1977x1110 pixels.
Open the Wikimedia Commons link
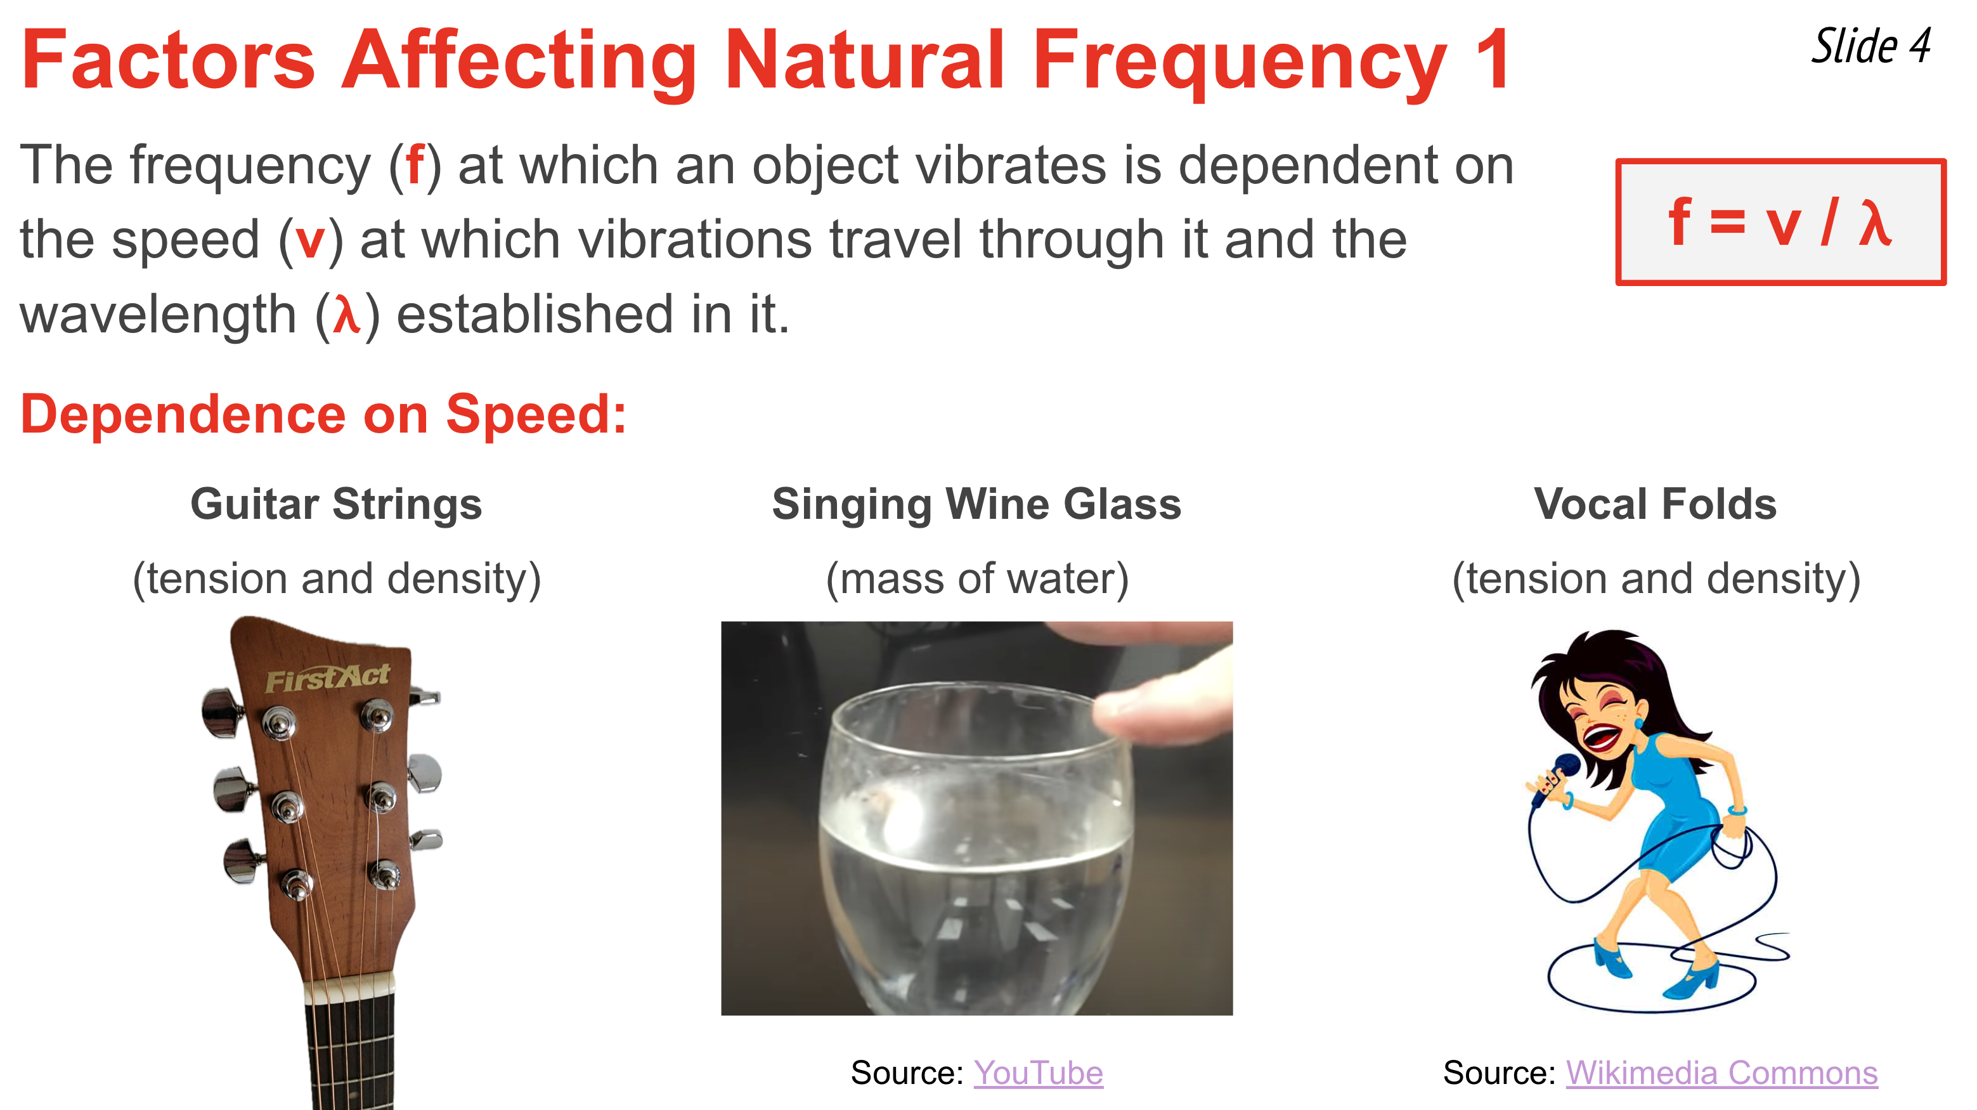click(x=1721, y=1073)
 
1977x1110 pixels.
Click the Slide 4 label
click(x=1871, y=46)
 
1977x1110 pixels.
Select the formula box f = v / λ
click(x=1780, y=222)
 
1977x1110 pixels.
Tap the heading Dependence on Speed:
click(x=323, y=415)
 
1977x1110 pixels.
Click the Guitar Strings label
click(x=336, y=505)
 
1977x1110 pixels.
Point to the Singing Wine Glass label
click(x=976, y=505)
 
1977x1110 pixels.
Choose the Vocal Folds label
click(x=1656, y=504)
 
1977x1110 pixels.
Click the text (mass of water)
click(x=977, y=579)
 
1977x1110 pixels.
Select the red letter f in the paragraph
click(x=415, y=165)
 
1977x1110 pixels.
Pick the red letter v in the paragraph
click(x=311, y=241)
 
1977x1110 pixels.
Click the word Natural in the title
click(x=864, y=60)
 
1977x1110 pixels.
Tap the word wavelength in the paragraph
click(x=158, y=315)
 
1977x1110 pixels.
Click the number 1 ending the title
click(x=1492, y=60)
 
